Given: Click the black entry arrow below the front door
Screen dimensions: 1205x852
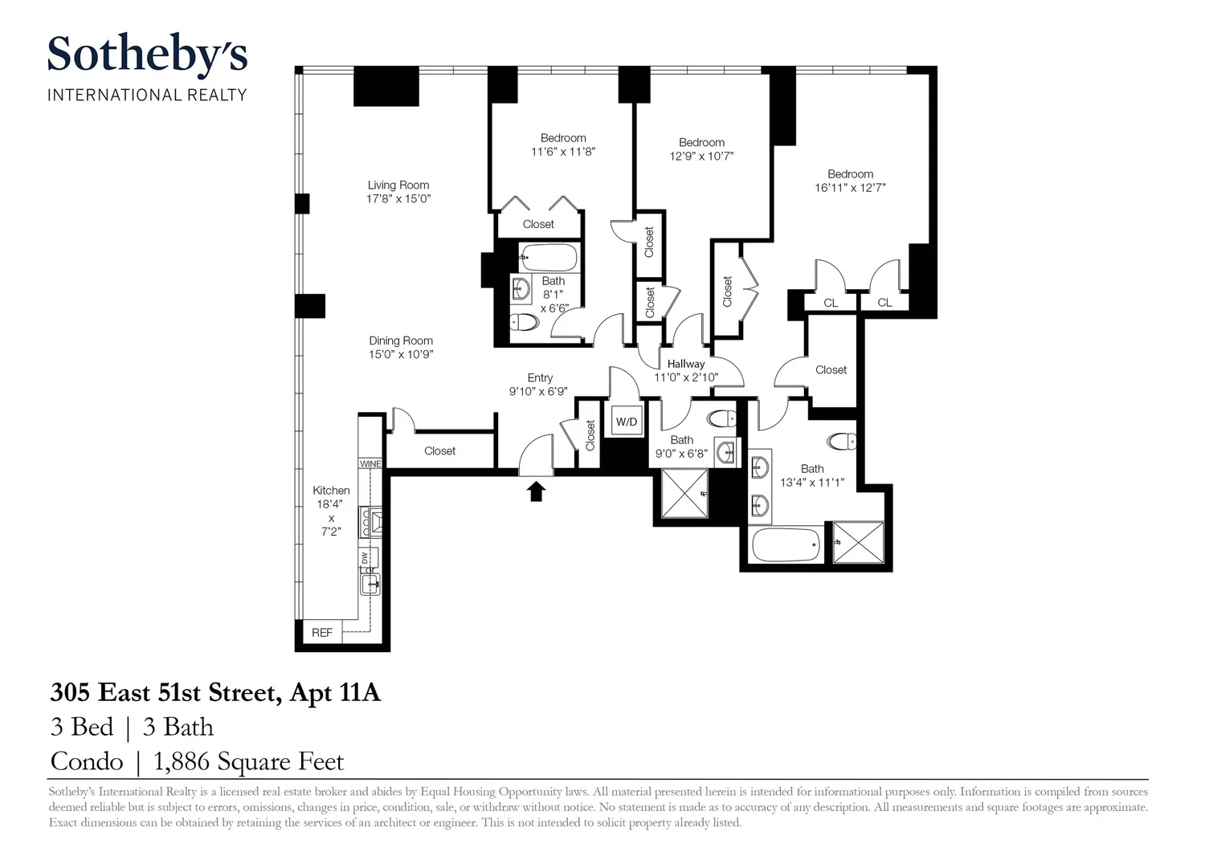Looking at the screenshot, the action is (x=536, y=491).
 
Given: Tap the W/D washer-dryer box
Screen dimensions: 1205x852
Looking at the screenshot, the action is (x=626, y=422).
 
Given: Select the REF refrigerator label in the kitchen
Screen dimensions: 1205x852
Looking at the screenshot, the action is (x=321, y=633).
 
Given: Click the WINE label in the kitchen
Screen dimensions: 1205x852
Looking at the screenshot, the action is (x=370, y=463).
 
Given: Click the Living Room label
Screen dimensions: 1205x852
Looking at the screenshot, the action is (x=398, y=185).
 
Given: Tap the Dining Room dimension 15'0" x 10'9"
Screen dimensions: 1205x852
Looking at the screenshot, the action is (x=401, y=354).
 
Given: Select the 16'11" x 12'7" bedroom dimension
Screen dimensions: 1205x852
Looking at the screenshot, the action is (x=850, y=188).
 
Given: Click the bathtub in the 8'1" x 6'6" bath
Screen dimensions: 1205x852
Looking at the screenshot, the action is (x=549, y=258).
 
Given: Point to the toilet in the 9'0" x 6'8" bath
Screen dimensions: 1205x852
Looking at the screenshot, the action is (x=722, y=418).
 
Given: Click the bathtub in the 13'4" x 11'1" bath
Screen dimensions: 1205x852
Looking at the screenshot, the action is (x=787, y=545).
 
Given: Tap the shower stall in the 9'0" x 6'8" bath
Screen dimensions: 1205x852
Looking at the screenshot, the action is (x=684, y=493).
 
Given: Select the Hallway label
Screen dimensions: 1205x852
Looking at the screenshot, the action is (x=686, y=364).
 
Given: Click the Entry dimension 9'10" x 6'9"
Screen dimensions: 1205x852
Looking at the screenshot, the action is (x=538, y=392).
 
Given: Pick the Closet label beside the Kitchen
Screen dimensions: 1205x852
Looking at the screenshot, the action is (x=439, y=450).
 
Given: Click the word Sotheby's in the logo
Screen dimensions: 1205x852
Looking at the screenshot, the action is (x=147, y=54).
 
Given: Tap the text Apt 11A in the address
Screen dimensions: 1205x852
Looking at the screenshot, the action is (x=335, y=693).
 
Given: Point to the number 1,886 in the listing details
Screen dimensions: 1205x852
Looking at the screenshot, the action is (x=182, y=761).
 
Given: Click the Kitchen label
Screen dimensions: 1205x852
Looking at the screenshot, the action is (x=331, y=491).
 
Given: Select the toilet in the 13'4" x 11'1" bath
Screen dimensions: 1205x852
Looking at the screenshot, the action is (x=842, y=442).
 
